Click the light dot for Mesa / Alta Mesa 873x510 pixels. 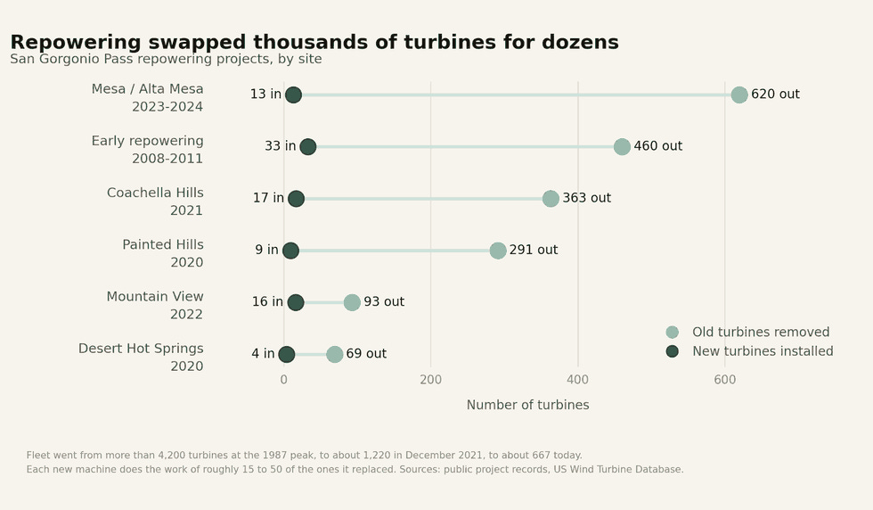[738, 95]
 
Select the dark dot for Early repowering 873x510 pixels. [308, 146]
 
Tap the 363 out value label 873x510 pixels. [586, 198]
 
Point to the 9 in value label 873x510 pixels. [266, 250]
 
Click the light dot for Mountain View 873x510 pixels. [352, 302]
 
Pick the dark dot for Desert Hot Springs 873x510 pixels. [286, 354]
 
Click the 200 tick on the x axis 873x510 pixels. [430, 380]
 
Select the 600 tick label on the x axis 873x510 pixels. [724, 380]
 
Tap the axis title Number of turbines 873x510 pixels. [527, 405]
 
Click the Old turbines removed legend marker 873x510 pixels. [672, 333]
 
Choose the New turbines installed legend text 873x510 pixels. [763, 351]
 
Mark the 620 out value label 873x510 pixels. [775, 95]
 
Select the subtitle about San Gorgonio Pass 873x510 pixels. [166, 59]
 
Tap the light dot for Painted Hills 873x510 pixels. [498, 251]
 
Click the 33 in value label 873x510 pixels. [280, 146]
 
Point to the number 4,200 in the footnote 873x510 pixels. [171, 456]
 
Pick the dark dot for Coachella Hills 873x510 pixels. [296, 199]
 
